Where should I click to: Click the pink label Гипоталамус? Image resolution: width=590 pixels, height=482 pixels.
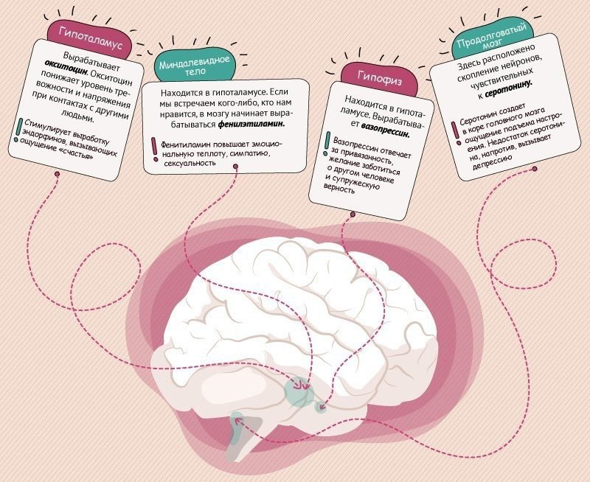(x=90, y=38)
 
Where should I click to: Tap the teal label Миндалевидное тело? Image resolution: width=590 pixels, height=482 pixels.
(x=195, y=65)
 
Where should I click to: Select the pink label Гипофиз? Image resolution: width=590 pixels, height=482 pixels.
(x=380, y=79)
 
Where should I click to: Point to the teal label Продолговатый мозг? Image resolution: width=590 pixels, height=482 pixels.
(x=492, y=40)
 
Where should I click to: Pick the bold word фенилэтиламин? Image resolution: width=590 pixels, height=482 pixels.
(x=251, y=124)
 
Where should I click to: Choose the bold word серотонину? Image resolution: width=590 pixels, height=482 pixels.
(x=508, y=88)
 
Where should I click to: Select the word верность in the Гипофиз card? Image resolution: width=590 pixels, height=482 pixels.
(x=339, y=187)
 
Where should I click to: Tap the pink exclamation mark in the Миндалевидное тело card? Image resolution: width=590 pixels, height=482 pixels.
(x=154, y=150)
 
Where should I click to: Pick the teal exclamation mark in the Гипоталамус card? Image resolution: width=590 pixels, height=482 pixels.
(x=18, y=130)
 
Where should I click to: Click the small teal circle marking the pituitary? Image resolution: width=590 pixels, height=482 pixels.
(x=320, y=407)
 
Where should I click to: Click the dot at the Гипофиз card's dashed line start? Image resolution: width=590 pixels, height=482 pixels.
(x=353, y=214)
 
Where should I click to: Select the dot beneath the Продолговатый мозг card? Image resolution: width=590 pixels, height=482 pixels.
(x=534, y=170)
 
